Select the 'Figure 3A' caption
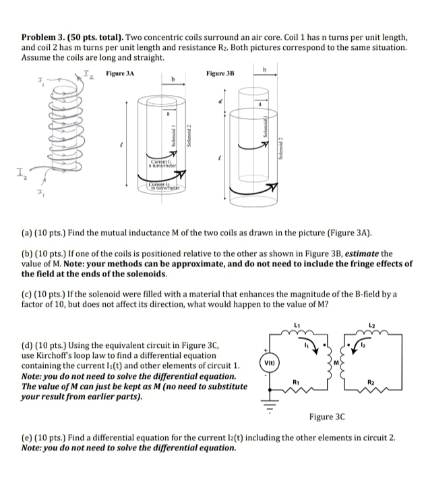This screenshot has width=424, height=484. coord(120,72)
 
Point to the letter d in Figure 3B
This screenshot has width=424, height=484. coord(220,102)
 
